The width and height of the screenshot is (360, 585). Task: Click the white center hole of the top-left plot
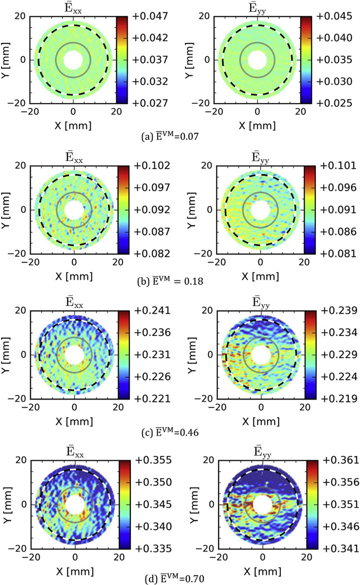coord(73,60)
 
